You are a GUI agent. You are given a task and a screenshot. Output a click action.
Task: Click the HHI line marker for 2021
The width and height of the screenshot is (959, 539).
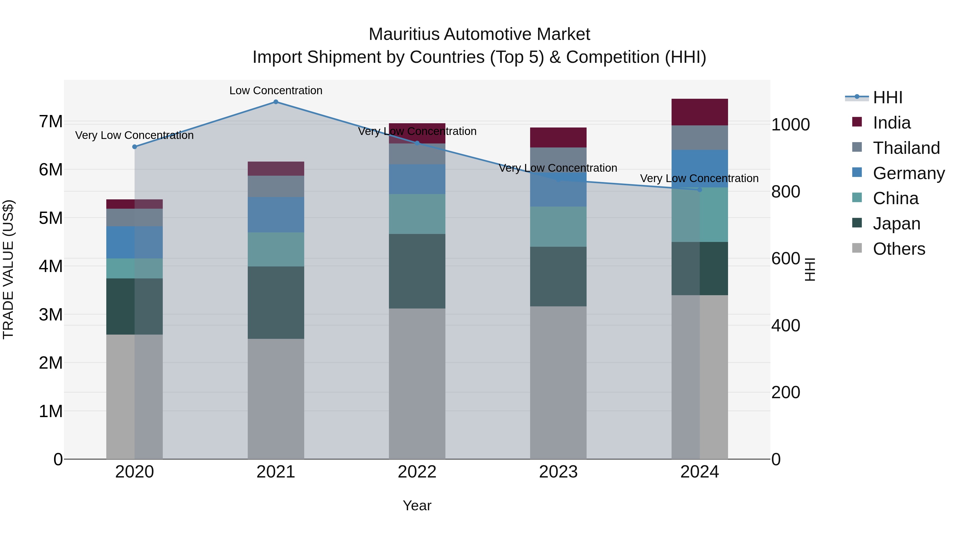point(275,102)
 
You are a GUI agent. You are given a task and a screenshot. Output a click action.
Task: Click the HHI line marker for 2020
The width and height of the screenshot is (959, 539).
point(135,147)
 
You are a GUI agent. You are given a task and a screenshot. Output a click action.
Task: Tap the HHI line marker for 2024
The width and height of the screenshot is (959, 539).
point(700,190)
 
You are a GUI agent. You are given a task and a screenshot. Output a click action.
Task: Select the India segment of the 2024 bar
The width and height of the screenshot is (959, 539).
point(700,112)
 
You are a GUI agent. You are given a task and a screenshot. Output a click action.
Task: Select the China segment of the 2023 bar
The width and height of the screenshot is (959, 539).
point(558,227)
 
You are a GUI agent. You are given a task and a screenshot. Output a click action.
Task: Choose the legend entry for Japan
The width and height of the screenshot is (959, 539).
point(896,224)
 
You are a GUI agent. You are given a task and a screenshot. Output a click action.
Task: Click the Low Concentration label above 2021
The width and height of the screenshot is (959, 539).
point(275,90)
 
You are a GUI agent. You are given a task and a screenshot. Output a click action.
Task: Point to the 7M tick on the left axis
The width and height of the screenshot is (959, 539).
point(51,121)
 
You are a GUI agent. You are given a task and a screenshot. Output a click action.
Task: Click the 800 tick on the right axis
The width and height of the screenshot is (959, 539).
point(786,192)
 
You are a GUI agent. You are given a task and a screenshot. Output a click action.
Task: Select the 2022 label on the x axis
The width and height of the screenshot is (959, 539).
point(417,472)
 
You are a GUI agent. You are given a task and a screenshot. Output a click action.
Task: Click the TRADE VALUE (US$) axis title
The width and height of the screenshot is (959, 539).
point(8,269)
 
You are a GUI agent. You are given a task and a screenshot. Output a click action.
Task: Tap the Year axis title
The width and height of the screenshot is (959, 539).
point(417,505)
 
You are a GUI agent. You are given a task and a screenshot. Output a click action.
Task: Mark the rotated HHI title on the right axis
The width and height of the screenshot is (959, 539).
point(810,269)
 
